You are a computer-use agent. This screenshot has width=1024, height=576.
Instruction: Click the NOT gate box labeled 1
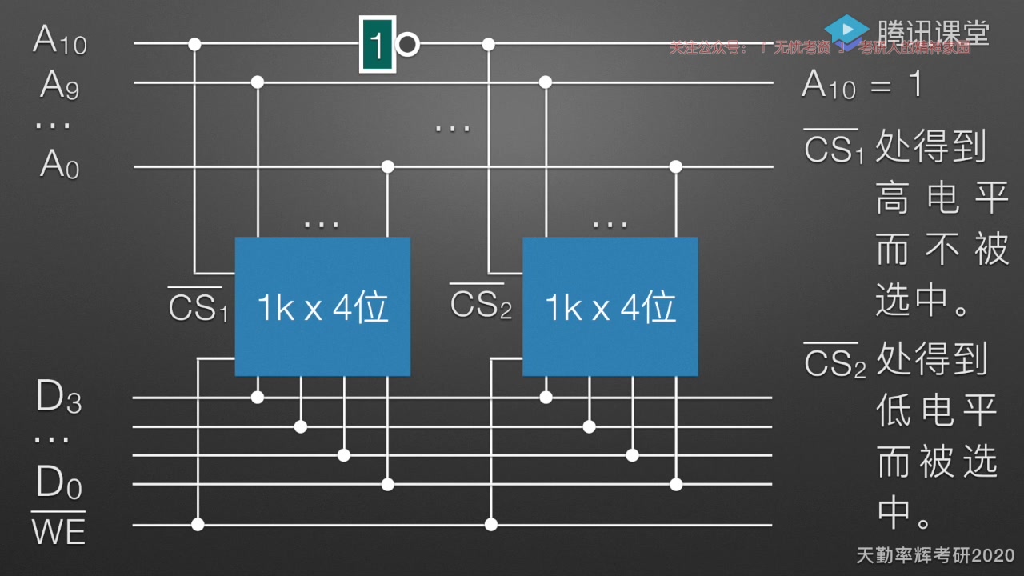[377, 44]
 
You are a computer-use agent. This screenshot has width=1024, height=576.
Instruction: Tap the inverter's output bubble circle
[407, 44]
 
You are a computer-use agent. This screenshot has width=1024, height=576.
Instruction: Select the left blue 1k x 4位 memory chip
[322, 306]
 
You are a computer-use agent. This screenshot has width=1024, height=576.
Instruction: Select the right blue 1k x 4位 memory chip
[610, 306]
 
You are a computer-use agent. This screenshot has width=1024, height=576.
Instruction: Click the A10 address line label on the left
[60, 39]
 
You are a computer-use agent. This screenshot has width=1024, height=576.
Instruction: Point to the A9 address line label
[60, 84]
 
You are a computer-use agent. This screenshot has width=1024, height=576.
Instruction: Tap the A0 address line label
[60, 164]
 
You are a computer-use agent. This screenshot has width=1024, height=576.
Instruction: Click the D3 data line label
[58, 396]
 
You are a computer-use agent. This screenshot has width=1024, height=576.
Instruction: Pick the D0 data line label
[58, 482]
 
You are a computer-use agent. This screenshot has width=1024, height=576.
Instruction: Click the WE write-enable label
[58, 530]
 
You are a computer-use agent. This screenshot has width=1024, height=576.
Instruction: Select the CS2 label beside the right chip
[480, 304]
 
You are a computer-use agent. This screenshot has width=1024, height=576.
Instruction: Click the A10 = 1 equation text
[862, 85]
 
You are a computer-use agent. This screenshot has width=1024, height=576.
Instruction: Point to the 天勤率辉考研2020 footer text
[934, 555]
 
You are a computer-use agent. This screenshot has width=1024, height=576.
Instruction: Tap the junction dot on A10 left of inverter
[194, 43]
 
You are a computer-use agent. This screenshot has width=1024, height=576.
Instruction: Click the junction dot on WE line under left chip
[198, 525]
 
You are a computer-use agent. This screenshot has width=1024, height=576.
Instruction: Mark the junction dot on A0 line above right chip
[676, 166]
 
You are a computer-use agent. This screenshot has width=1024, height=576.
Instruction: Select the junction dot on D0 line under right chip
[676, 484]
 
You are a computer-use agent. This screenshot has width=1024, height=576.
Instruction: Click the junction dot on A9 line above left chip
[258, 82]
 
